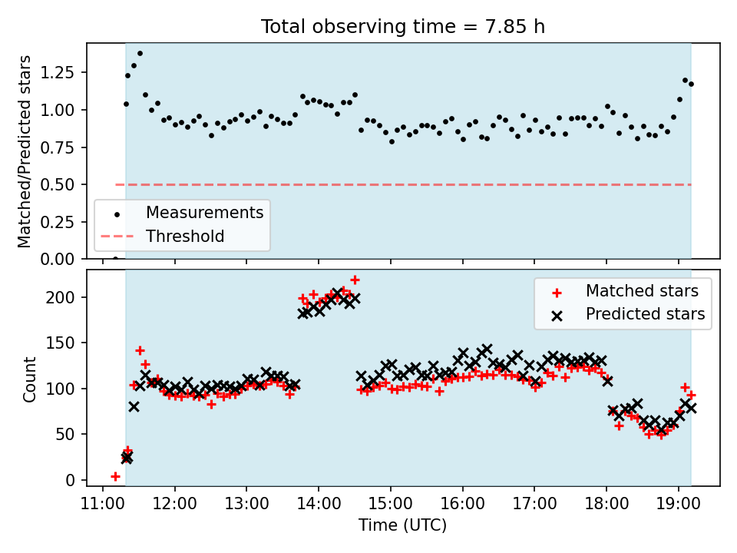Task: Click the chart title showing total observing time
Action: (x=403, y=27)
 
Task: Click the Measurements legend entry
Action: (x=204, y=213)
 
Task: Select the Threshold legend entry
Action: (x=185, y=237)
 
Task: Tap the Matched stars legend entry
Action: (x=642, y=291)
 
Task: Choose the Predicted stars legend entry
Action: (x=645, y=314)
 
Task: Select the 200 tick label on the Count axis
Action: (x=67, y=297)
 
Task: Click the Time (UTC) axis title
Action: (x=403, y=525)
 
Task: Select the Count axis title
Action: (x=30, y=379)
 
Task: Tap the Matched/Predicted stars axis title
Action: (x=25, y=151)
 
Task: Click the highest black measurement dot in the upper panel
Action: (x=140, y=54)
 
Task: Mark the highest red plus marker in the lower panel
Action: (x=355, y=280)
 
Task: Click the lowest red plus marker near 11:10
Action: (x=115, y=476)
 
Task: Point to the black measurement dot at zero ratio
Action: (x=115, y=259)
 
